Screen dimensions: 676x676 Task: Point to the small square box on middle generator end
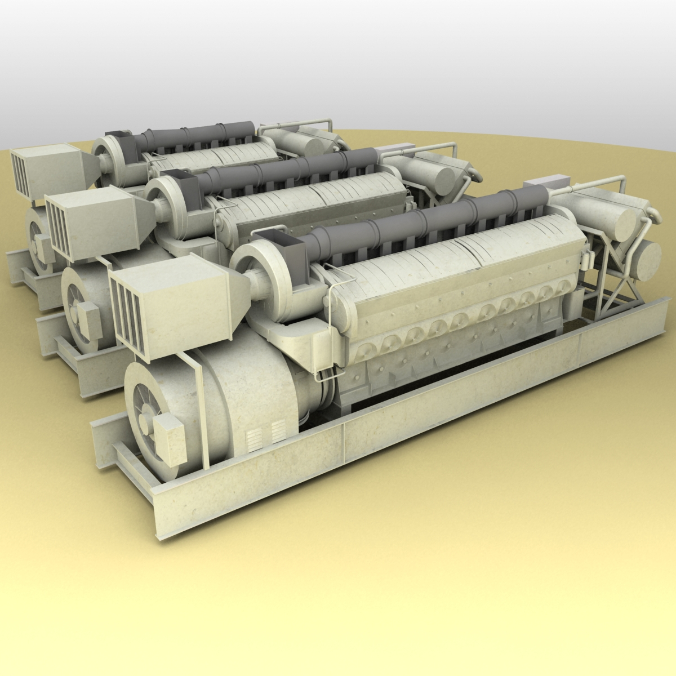click(x=88, y=315)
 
